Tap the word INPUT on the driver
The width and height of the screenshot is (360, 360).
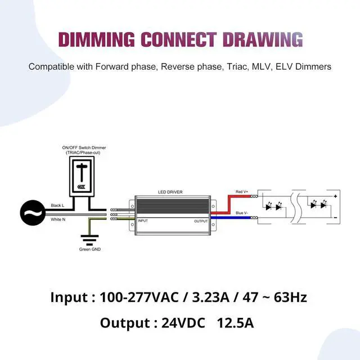(x=143, y=220)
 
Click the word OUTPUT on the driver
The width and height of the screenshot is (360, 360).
(x=200, y=220)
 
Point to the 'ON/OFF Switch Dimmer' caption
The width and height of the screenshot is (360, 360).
(x=84, y=148)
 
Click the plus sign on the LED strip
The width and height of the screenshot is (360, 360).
(x=335, y=196)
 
